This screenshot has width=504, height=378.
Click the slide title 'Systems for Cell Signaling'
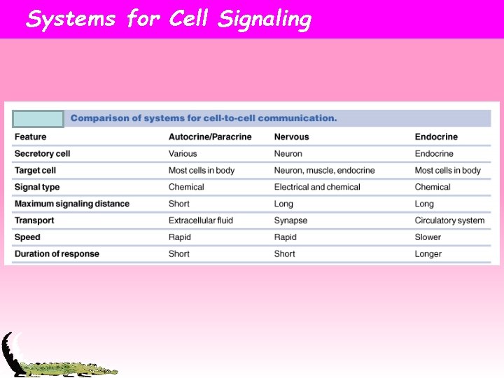(x=168, y=19)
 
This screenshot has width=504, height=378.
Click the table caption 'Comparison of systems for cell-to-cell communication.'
(x=204, y=118)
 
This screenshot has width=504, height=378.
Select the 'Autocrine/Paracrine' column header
(x=210, y=136)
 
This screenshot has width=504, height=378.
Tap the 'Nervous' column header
(x=291, y=136)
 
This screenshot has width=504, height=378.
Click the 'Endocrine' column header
(x=436, y=136)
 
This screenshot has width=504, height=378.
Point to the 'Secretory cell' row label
(x=42, y=153)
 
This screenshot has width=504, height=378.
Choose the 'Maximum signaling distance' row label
(x=71, y=204)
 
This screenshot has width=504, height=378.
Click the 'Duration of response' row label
(x=57, y=253)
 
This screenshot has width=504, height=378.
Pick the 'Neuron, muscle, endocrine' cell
(x=324, y=170)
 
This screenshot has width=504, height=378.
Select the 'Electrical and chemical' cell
(x=317, y=187)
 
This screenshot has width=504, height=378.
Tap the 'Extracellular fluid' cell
(x=201, y=220)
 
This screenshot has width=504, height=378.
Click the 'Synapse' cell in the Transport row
(x=290, y=220)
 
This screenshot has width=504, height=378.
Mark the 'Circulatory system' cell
(x=449, y=220)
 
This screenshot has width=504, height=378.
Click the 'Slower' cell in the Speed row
(x=428, y=237)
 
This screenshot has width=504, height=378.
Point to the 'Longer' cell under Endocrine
(x=428, y=253)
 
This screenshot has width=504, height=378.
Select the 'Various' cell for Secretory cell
(x=183, y=153)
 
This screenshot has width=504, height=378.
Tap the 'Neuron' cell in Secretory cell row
(x=288, y=153)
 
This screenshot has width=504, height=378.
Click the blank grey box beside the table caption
(x=38, y=119)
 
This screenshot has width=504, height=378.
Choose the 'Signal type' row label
(x=37, y=187)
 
